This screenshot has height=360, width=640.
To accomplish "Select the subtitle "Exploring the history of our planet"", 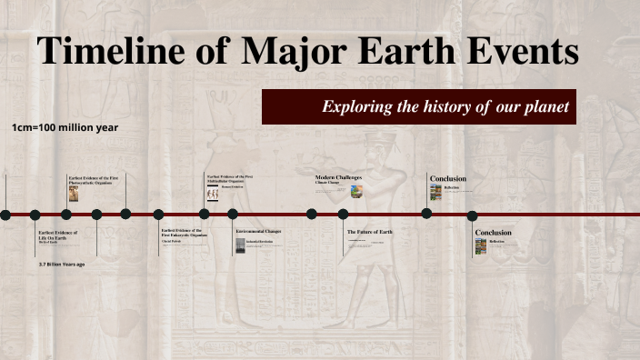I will [x=445, y=107].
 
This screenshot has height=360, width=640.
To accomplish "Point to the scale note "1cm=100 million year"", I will [x=65, y=128].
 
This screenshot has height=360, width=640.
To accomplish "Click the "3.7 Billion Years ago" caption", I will [x=62, y=264].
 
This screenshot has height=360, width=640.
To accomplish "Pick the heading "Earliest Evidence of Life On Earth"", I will [x=58, y=235].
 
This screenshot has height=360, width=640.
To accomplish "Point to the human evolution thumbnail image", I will [x=213, y=194].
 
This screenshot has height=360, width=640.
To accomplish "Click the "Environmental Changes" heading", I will [x=258, y=232].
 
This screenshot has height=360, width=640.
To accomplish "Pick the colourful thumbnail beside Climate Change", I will [x=356, y=191].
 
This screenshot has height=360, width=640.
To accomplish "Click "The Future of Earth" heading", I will [x=370, y=232].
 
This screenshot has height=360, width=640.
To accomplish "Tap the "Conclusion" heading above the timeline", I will [x=448, y=178].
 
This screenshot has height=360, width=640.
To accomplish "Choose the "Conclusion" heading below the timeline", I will [x=494, y=233].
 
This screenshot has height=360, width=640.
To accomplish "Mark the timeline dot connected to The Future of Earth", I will [x=343, y=215].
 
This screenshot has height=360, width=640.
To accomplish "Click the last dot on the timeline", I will [x=472, y=215].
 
